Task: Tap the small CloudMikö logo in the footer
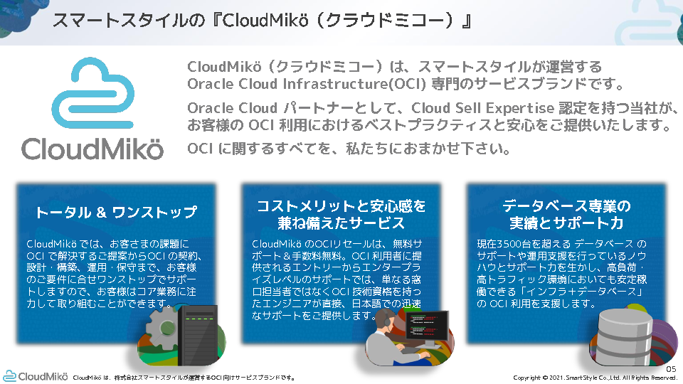36,376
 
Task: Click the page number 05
671,369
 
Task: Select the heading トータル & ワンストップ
116,212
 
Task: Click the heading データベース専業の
566,206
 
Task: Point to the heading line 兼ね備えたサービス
341,223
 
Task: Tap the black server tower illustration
198,334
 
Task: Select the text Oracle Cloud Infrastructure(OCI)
306,84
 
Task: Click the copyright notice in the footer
595,378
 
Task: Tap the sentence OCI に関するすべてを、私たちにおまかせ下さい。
349,149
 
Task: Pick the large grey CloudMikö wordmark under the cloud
92,149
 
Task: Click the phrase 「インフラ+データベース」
577,292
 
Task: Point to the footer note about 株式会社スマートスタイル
184,378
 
